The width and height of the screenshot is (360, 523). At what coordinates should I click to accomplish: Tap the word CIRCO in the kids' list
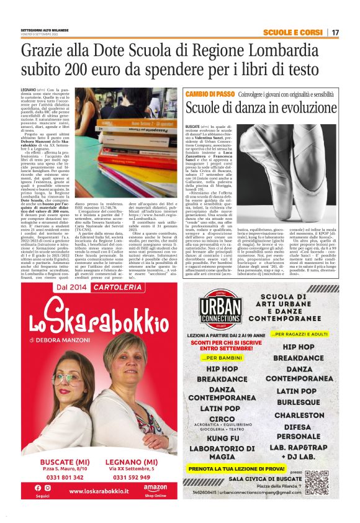tap(222, 419)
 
